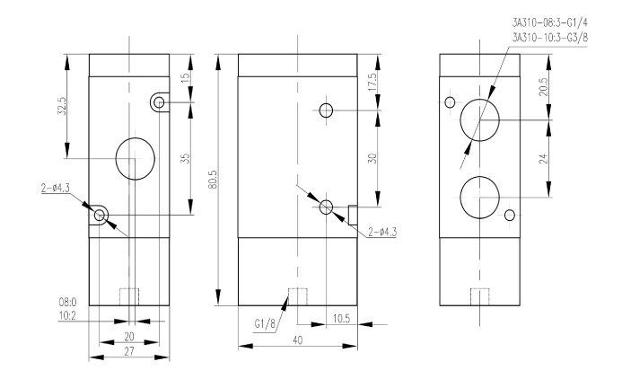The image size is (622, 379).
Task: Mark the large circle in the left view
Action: [x=136, y=159]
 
